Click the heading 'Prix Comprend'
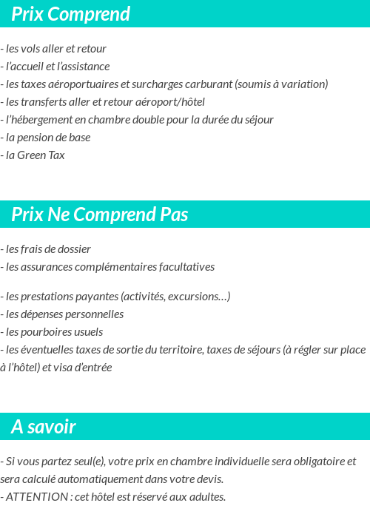coord(70,14)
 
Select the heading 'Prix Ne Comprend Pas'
coord(99,214)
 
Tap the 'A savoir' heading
coord(43,427)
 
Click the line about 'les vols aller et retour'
coord(55,49)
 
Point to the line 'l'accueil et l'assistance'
coord(57,67)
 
